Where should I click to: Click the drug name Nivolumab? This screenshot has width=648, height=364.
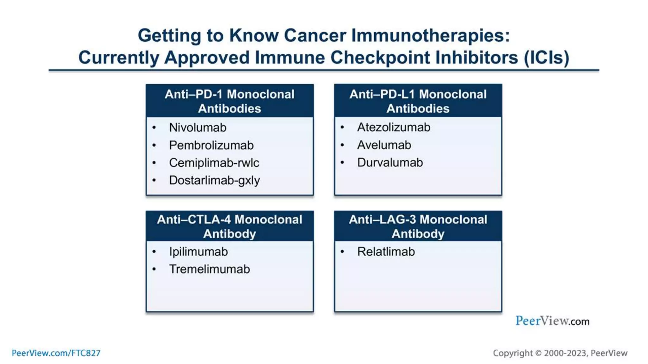click(x=198, y=128)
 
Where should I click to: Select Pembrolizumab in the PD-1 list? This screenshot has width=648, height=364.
click(x=211, y=145)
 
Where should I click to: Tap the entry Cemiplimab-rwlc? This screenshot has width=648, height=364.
click(x=214, y=163)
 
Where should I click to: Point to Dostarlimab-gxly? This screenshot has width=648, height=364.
click(x=214, y=180)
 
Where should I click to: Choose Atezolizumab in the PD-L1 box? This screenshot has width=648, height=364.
click(x=394, y=127)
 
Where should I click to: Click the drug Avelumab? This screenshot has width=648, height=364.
click(x=384, y=145)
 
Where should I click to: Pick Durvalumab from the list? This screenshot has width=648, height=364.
click(x=390, y=162)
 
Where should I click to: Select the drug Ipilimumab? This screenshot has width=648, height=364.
click(x=198, y=252)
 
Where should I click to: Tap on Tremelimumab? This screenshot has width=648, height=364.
click(x=209, y=269)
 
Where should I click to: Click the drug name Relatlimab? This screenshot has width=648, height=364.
click(x=386, y=252)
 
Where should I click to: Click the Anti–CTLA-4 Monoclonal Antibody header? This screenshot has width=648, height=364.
click(x=230, y=226)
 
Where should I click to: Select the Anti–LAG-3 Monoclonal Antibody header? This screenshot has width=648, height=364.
click(x=418, y=226)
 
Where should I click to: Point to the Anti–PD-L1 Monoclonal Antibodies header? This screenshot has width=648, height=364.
click(x=418, y=101)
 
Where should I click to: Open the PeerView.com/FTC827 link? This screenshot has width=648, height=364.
click(x=56, y=353)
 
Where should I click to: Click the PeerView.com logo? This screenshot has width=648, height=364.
click(x=552, y=321)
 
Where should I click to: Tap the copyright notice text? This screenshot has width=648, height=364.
click(x=560, y=353)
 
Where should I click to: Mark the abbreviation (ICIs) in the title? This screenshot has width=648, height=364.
click(x=546, y=58)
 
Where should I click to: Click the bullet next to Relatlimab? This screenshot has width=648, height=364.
click(x=342, y=252)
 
